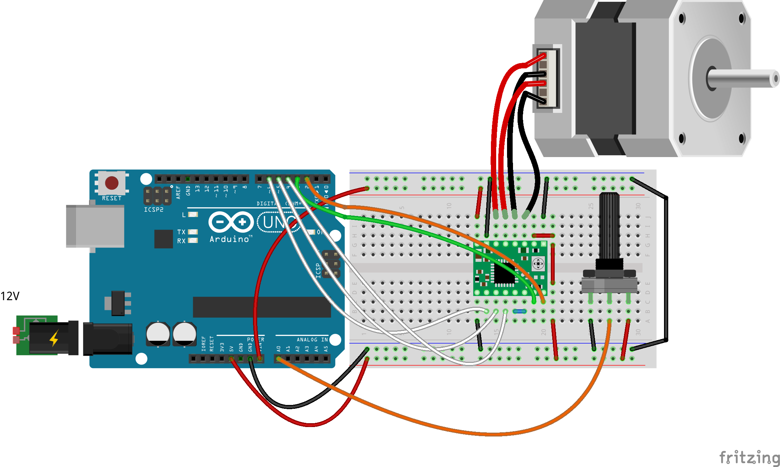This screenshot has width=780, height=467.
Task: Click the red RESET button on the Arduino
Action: [112, 183]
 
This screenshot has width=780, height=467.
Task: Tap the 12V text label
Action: [10, 296]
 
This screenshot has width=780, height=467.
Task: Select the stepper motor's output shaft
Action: [743, 78]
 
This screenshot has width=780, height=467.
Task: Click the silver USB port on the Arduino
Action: [95, 226]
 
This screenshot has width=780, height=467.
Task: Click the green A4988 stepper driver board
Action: [510, 268]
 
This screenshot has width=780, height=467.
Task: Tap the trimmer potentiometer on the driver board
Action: [538, 263]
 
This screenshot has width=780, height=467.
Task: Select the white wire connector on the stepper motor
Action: [547, 79]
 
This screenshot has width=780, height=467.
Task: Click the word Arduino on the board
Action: [230, 239]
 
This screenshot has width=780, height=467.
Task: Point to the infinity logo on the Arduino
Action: [231, 222]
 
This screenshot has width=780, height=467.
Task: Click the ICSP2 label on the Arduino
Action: [153, 210]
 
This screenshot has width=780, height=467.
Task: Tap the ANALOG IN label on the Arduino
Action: [312, 339]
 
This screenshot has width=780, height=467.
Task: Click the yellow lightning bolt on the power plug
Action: [54, 338]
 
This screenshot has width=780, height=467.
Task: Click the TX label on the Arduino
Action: [181, 232]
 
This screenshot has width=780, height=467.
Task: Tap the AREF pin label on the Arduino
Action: [178, 192]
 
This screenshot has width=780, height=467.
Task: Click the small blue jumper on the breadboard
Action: [519, 311]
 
